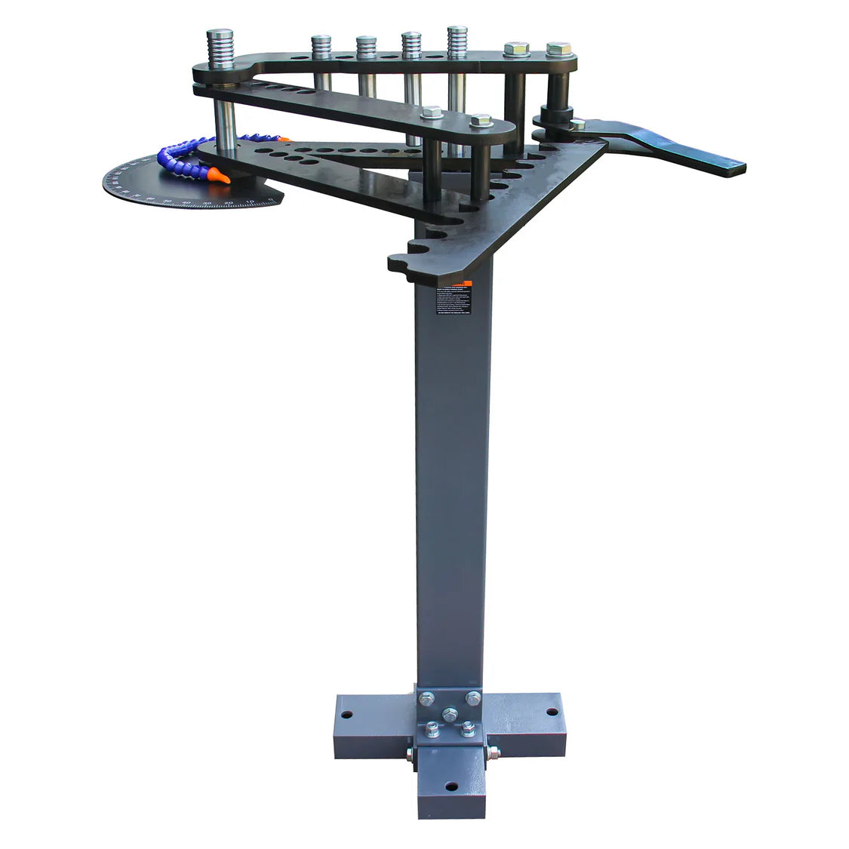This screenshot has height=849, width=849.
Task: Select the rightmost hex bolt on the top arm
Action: coord(558,48)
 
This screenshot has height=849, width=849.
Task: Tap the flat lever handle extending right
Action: coord(679,151)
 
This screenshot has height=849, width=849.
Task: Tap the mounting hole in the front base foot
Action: coord(451,787)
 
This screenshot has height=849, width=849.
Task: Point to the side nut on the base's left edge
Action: coord(409,753)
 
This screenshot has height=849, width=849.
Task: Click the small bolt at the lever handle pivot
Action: coord(577,125)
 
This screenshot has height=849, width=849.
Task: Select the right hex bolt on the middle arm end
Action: coord(481,120)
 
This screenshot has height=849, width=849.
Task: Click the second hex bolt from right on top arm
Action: coord(516,49)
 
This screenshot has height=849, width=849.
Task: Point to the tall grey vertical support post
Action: coord(451,491)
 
